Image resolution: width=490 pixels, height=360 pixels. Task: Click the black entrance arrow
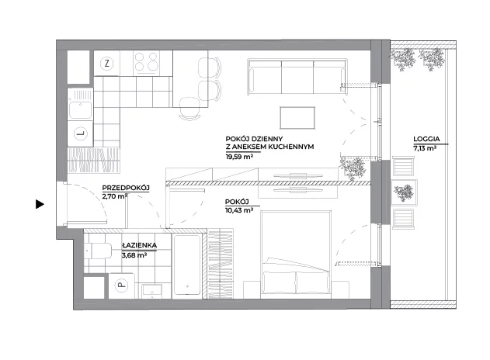pos(40,204)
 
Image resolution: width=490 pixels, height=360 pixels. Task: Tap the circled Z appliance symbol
pos(107,64)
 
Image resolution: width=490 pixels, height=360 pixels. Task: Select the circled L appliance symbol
pos(81,134)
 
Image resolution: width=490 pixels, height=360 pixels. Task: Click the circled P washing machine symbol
pos(122,285)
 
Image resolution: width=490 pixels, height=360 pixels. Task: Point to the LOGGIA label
pos(426,139)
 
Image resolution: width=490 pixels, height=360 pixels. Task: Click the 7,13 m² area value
pos(425,149)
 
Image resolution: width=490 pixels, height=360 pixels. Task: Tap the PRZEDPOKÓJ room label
pos(126,188)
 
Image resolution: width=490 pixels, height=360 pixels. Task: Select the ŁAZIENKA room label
pos(139,245)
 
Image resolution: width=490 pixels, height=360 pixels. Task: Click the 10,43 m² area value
pos(239,210)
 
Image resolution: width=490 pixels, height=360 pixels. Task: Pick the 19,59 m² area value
pos(239,157)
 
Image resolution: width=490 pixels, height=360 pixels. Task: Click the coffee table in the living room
pos(297,117)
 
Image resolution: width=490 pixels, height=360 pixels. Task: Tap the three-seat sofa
pos(297,76)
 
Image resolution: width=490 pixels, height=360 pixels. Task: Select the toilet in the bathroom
pos(98,251)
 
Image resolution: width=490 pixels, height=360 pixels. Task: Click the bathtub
pos(187,265)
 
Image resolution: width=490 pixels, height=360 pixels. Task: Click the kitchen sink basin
pos(81,110)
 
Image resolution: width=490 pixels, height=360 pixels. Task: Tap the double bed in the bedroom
pos(296,254)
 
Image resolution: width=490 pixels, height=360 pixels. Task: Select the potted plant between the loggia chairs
pos(404,192)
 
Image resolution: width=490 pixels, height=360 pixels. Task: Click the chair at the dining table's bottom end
pos(189,109)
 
